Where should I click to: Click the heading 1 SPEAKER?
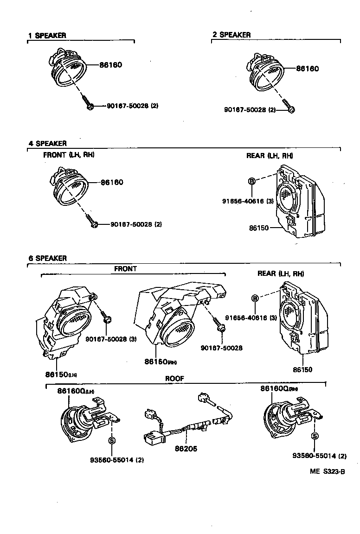47,35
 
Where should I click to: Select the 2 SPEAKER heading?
231,35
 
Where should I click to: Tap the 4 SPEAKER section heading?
48,144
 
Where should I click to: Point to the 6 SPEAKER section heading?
48,258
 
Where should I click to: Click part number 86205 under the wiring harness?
186,449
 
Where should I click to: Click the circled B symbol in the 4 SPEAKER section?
252,181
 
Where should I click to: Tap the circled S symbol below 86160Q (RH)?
315,436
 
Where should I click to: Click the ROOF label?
175,379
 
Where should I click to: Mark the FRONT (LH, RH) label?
69,155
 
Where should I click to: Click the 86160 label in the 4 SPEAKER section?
112,183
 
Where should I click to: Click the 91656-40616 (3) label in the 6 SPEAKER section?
251,318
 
